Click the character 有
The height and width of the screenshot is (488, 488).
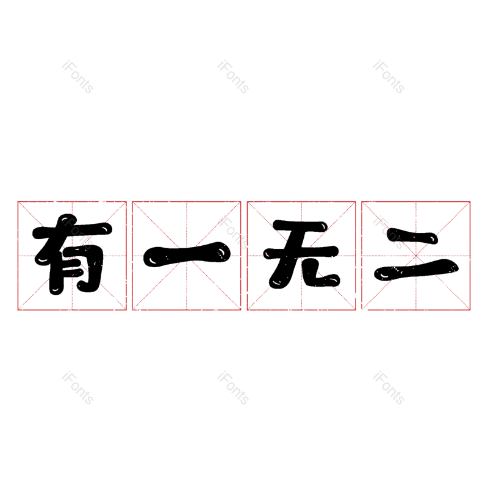(72, 254)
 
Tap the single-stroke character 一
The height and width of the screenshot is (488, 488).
(187, 254)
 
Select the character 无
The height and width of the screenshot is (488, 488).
(301, 254)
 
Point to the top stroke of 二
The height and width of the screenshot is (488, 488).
(412, 236)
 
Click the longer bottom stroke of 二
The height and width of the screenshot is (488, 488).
(417, 270)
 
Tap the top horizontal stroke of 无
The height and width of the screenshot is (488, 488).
(300, 226)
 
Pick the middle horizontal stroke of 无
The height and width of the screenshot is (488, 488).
(301, 253)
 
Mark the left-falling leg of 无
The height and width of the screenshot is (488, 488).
(282, 271)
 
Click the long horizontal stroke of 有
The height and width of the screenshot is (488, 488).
(72, 231)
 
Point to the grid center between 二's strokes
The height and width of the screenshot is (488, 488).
(416, 256)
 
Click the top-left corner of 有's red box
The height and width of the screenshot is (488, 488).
(18, 202)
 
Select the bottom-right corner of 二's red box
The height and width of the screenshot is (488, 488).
(470, 310)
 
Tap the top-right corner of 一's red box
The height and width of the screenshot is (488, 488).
(241, 202)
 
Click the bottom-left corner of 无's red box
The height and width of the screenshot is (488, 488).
(248, 310)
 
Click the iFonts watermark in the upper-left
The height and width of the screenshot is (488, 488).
(77, 77)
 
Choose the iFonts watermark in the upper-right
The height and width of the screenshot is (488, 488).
(389, 77)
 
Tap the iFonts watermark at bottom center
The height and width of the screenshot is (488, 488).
(233, 388)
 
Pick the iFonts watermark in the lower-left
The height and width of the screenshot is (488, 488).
(77, 388)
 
